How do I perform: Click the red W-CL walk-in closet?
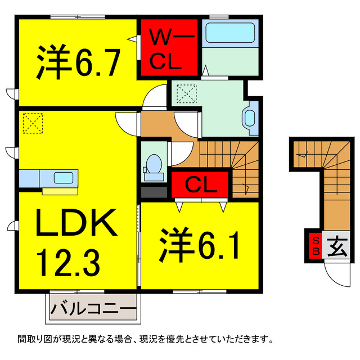coord(168,49)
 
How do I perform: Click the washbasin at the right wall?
coord(250,118)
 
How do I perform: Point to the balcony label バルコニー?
coord(93,309)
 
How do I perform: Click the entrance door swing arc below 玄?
coord(336,276)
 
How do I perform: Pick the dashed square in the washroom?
coord(186,92)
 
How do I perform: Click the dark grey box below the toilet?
coord(154,191)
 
